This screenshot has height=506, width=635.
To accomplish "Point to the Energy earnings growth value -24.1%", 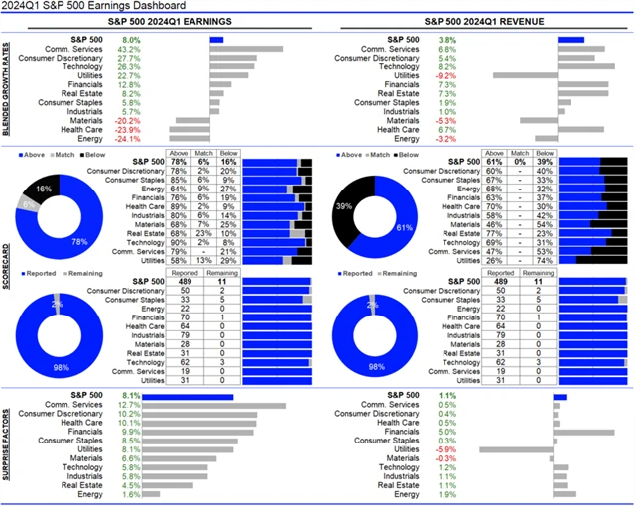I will [x=129, y=139].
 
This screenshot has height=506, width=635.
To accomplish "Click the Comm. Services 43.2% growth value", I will [x=129, y=49].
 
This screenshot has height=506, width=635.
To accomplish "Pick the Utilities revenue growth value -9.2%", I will [x=445, y=75].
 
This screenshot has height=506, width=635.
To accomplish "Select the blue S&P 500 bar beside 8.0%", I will [x=216, y=40].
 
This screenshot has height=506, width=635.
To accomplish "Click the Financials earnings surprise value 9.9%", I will [x=129, y=432].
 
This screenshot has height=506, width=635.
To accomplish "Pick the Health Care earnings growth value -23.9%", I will [x=129, y=130].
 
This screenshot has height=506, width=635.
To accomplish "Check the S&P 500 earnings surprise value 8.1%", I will [x=130, y=396].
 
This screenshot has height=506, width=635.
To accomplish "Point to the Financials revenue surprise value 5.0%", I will [x=446, y=432].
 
